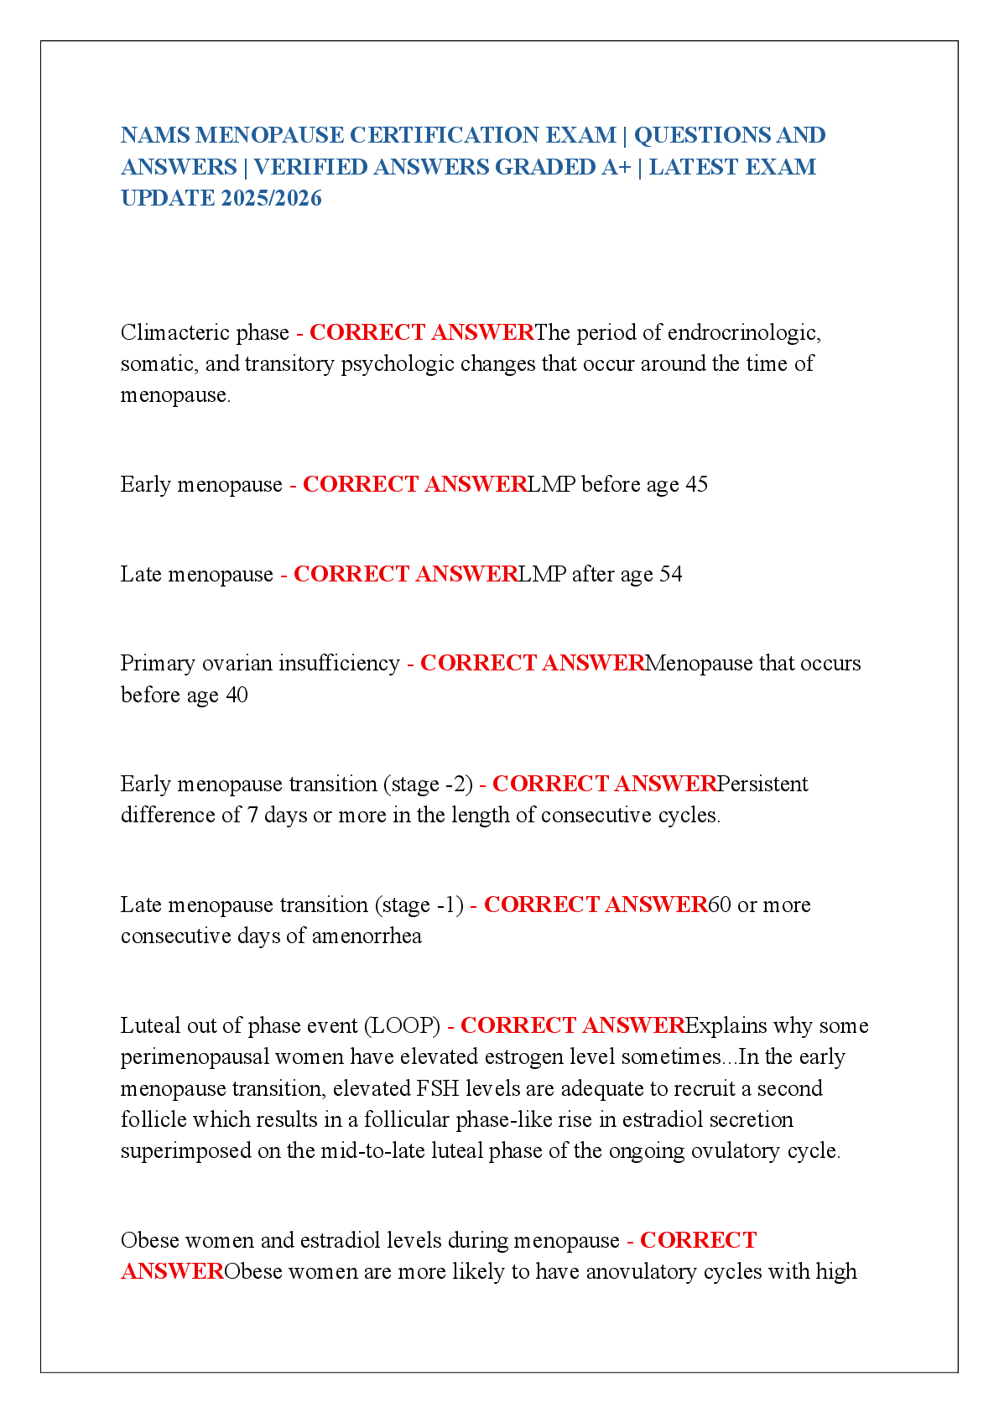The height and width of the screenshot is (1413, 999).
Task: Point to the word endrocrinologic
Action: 744,333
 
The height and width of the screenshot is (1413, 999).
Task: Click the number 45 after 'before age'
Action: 696,485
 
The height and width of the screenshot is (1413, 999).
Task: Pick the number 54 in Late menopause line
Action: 670,575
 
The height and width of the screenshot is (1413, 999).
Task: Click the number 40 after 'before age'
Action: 237,696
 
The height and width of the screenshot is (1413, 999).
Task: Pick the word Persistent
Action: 762,785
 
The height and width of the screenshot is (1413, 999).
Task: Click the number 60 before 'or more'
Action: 720,905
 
